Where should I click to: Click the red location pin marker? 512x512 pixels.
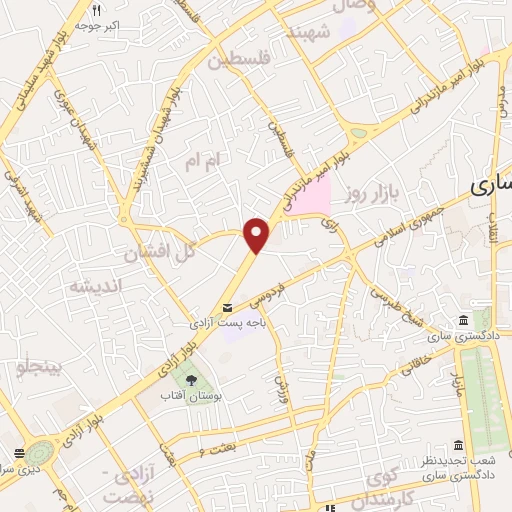pyautogui.click(x=258, y=235)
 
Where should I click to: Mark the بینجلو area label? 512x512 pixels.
pyautogui.click(x=37, y=368)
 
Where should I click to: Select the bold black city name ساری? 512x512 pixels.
pyautogui.click(x=491, y=186)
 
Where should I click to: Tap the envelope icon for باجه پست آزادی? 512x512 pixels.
pyautogui.click(x=228, y=308)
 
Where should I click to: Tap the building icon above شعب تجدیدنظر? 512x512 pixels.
pyautogui.click(x=458, y=445)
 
